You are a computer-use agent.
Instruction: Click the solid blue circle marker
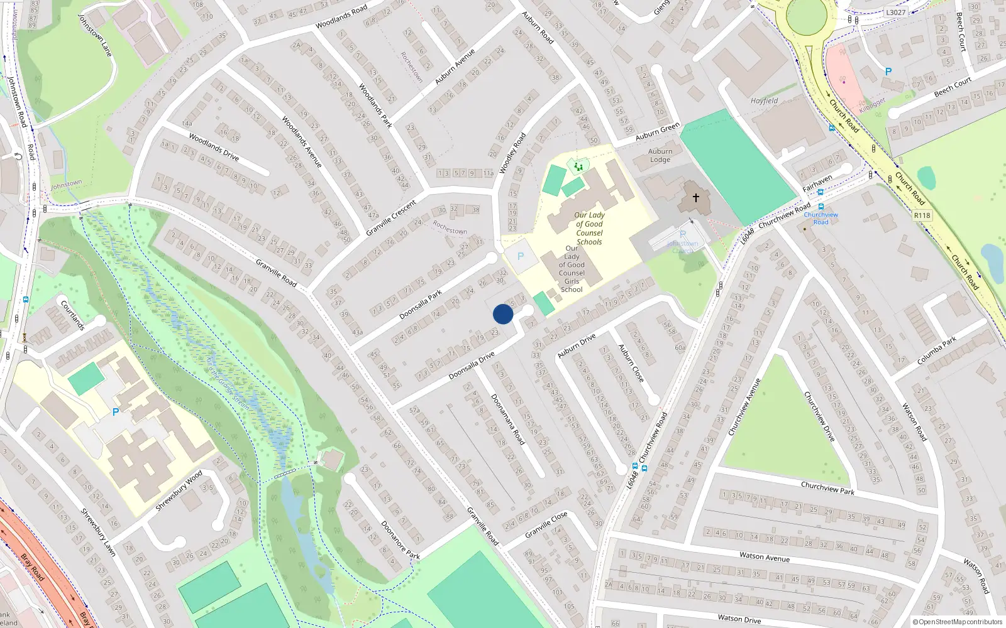tap(503, 314)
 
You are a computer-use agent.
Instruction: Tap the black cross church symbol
tap(696, 197)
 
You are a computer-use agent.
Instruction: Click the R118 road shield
tap(922, 215)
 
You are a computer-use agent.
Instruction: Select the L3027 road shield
tap(895, 12)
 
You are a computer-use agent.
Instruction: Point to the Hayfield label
tap(764, 100)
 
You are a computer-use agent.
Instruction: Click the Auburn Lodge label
tap(660, 155)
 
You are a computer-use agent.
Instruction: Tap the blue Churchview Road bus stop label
tap(821, 218)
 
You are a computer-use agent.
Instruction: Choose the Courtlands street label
tap(72, 315)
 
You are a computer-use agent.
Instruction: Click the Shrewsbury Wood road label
tap(179, 490)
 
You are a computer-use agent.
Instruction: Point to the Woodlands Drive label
tap(214, 147)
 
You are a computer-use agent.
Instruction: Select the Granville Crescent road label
tap(391, 218)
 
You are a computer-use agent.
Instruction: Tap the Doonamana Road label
tap(507, 419)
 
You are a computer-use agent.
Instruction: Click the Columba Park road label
tap(936, 351)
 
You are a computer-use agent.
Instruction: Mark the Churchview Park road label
tap(827, 488)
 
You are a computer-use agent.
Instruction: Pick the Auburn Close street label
tap(631, 363)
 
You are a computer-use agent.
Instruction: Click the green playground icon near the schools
tap(578, 166)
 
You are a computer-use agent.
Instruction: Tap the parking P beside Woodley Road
tap(521, 256)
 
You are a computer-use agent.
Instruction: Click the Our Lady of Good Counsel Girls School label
tap(572, 269)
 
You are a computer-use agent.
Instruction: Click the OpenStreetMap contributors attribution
tap(956, 622)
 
